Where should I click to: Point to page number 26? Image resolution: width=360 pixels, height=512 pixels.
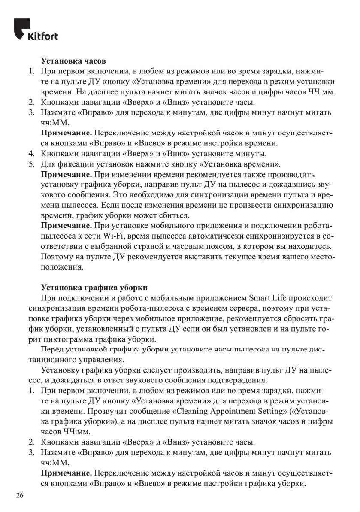coord(19,496)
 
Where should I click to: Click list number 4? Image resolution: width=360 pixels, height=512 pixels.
coord(31,153)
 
